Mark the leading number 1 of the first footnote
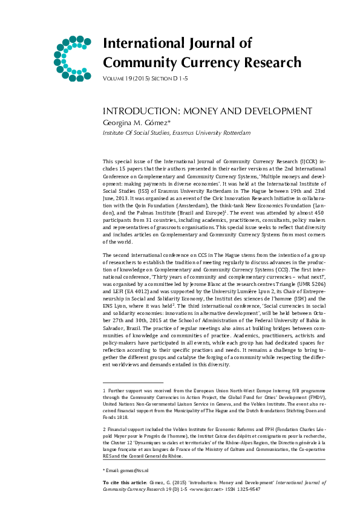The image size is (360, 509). pos(105,392)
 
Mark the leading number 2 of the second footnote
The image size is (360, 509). pos(105,427)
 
